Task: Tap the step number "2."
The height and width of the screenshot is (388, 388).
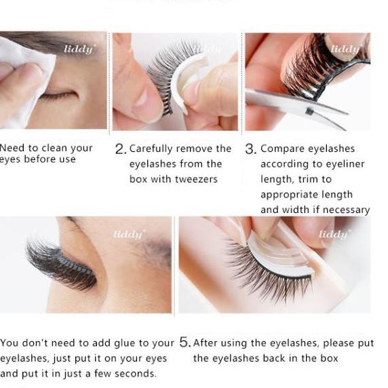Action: (120, 149)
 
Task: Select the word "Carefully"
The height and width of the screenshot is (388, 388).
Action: (153, 149)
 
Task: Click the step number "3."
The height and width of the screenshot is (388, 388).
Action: (250, 149)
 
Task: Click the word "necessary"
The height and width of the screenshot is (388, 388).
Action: (345, 210)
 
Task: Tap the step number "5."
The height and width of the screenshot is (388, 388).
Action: (185, 343)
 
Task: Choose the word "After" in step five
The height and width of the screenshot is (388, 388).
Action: (206, 343)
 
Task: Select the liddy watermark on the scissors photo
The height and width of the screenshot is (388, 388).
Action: (345, 49)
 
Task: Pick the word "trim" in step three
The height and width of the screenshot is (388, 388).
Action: (311, 179)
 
